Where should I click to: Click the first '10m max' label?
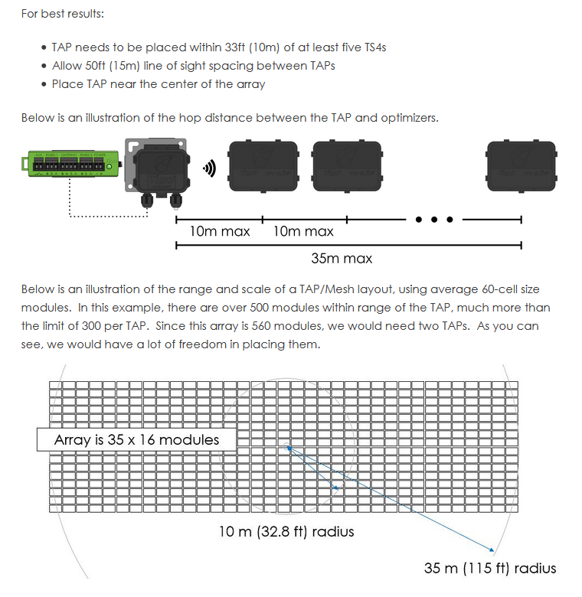220,231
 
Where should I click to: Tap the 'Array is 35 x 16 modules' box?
136,439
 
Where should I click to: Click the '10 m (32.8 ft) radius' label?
286,531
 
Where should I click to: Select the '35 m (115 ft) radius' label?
490,568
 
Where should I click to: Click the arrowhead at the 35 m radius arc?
491,549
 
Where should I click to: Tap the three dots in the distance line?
434,220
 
